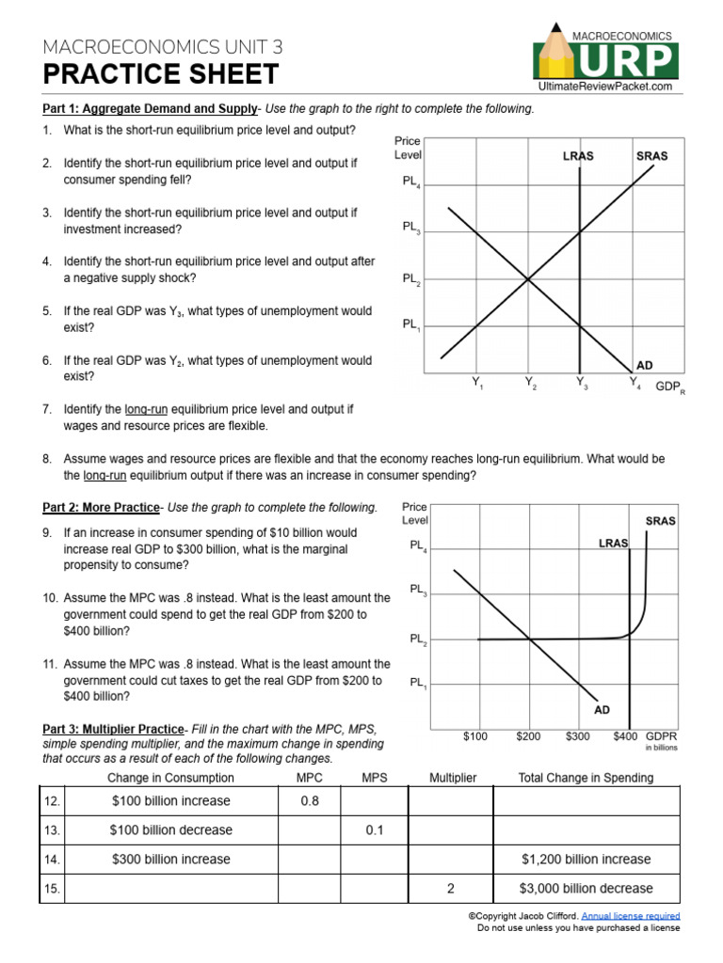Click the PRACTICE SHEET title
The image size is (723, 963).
pos(161,74)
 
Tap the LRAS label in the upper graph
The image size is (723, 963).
pos(578,156)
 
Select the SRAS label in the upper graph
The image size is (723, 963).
pos(651,156)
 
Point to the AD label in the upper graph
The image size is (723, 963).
pos(645,365)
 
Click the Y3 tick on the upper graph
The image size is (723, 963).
pos(581,384)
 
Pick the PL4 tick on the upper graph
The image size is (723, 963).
pos(411,182)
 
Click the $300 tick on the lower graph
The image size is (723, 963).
pos(579,736)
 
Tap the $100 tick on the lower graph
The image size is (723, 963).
pos(475,736)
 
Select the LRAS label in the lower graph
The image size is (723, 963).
pos(613,543)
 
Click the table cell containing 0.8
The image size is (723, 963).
pos(310,801)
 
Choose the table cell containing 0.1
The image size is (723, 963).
pos(375,830)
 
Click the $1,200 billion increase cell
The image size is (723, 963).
pos(586,860)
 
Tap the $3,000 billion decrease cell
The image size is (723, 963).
pos(586,889)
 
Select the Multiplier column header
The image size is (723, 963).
pos(453,778)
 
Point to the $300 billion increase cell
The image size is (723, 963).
pos(170,860)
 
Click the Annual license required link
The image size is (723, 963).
pos(630,916)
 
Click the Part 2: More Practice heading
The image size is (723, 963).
pos(101,508)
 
